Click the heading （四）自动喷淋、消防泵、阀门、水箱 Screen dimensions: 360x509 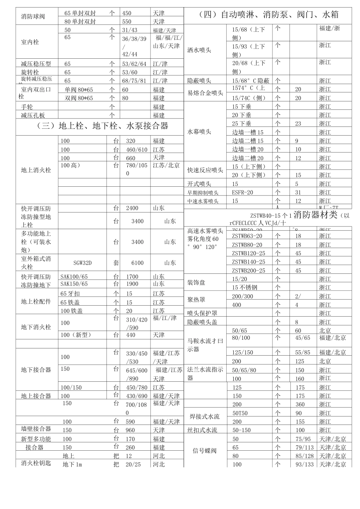tap(268, 15)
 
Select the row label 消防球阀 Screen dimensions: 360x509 tap(33, 17)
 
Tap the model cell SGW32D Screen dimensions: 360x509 tap(82, 263)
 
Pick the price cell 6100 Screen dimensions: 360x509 tap(137, 263)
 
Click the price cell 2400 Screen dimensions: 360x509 tap(132, 208)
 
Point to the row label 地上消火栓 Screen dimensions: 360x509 tap(36, 170)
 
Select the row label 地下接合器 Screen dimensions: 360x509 tap(36, 370)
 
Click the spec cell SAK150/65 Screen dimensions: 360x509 tap(74, 284)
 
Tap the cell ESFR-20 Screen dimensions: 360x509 tap(243, 192)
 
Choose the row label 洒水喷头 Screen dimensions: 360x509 tap(199, 50)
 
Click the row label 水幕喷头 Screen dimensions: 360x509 tap(199, 132)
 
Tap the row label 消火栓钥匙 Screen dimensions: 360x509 tap(36, 463)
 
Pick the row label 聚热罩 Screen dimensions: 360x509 tap(196, 300)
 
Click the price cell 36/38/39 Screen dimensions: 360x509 tap(135, 39)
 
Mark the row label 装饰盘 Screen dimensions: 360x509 tap(196, 283)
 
